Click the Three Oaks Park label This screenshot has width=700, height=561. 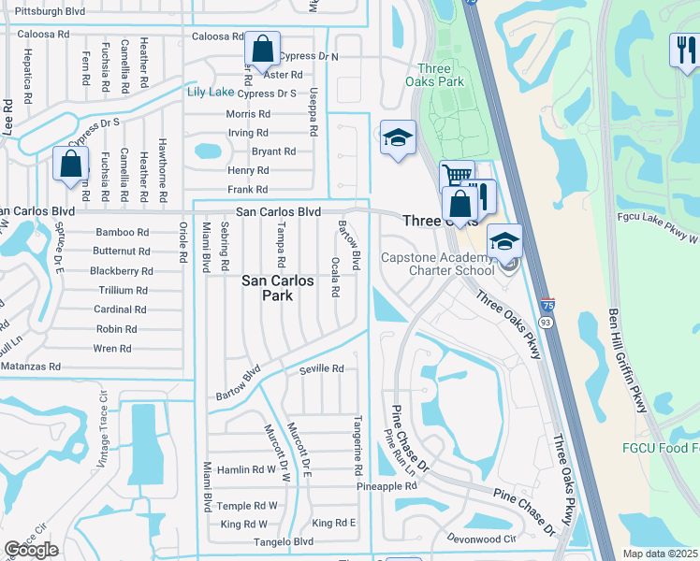point(440,75)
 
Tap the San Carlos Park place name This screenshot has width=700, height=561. point(280,287)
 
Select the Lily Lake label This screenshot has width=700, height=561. point(210,92)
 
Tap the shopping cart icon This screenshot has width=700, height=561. point(456,175)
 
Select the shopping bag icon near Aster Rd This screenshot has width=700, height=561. point(263,48)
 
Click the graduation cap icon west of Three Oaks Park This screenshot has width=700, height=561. point(398,138)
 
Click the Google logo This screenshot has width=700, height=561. point(31,550)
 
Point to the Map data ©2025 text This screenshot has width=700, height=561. point(661,554)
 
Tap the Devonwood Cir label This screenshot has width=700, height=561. point(481,539)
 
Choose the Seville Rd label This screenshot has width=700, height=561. point(321,369)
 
